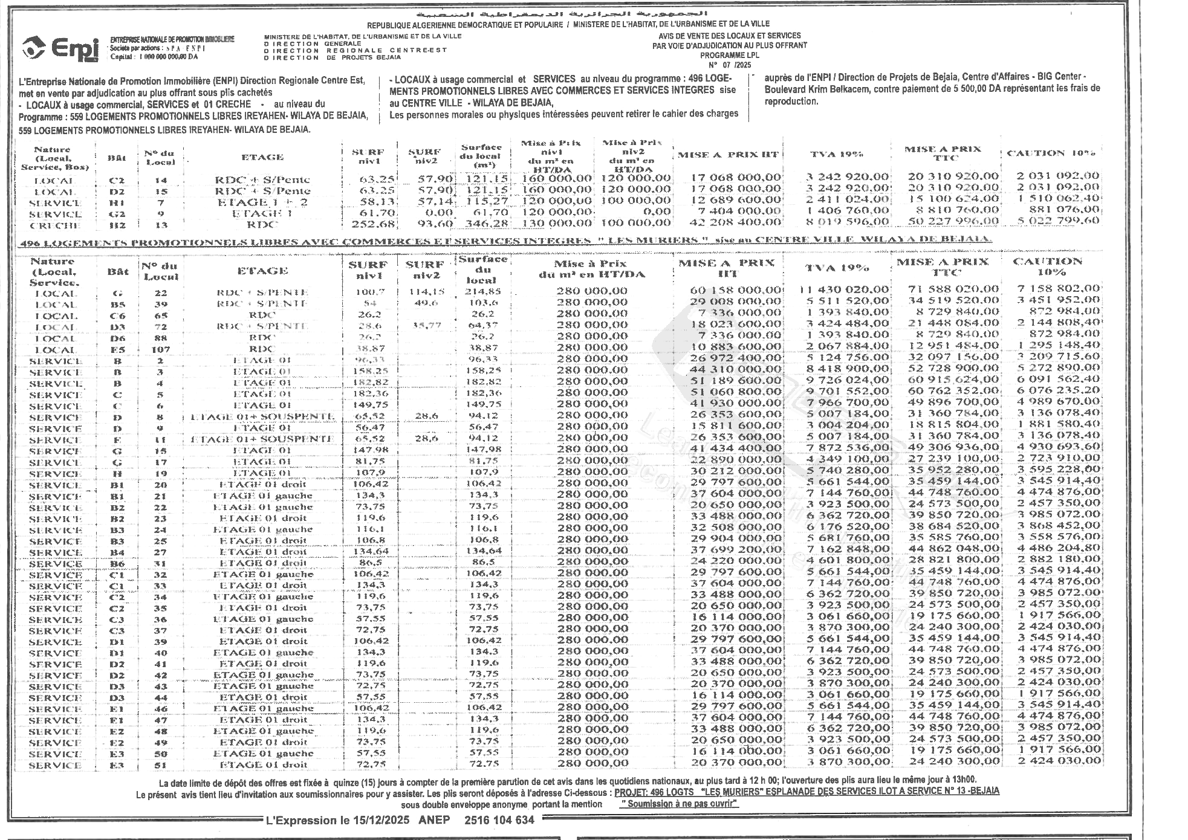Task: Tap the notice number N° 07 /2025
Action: (x=729, y=64)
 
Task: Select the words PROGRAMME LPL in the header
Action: (x=729, y=55)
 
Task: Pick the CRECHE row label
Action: (x=56, y=225)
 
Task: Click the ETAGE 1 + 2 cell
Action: (x=262, y=202)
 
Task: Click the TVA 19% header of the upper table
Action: (x=836, y=155)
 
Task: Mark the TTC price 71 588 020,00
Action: (x=953, y=289)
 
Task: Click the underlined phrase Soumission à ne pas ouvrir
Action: (x=680, y=804)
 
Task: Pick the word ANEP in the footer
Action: (x=434, y=820)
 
